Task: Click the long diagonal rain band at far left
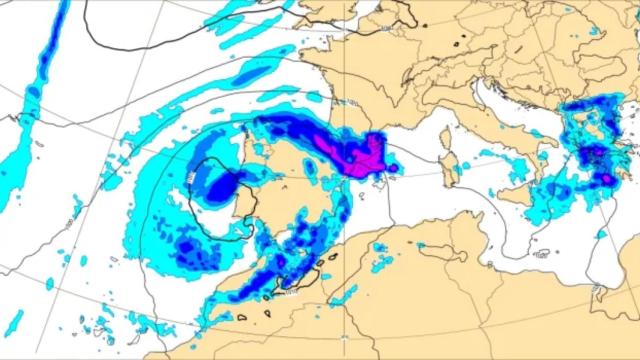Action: pos(40,80)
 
